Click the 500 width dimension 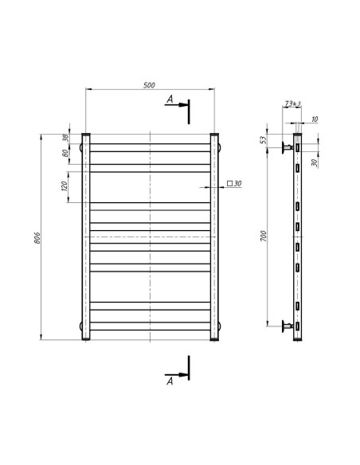coord(149,85)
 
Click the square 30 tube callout coord(234,184)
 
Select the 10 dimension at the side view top coord(315,119)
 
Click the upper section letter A coord(170,100)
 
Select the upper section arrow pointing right coord(182,104)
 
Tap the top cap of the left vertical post coord(85,134)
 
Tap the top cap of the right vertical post coord(213,134)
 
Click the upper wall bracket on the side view coord(287,147)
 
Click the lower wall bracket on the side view coord(287,325)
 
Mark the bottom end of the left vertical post coord(85,340)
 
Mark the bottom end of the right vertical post coord(213,340)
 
